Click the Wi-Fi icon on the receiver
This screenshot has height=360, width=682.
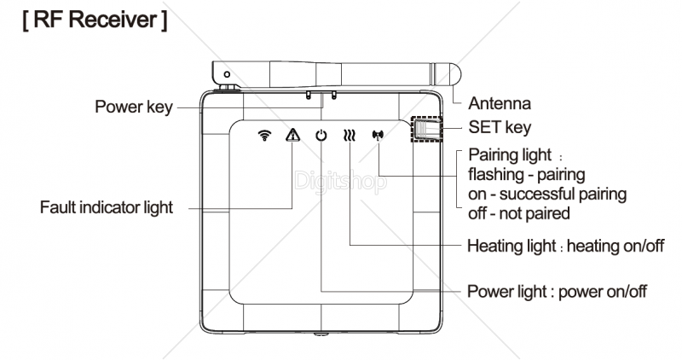264,135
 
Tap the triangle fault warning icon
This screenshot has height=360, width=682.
292,135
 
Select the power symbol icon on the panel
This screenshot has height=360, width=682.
321,135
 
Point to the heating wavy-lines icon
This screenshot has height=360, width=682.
350,135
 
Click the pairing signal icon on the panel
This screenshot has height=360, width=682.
378,135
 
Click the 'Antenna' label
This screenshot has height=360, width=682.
500,104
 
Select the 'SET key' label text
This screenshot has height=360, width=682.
500,128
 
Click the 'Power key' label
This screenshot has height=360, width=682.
134,107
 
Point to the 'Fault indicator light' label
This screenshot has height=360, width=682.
107,207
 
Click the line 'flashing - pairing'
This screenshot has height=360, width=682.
527,175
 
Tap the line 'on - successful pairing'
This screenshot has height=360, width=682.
547,194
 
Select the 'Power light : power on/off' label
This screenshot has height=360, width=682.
557,291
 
